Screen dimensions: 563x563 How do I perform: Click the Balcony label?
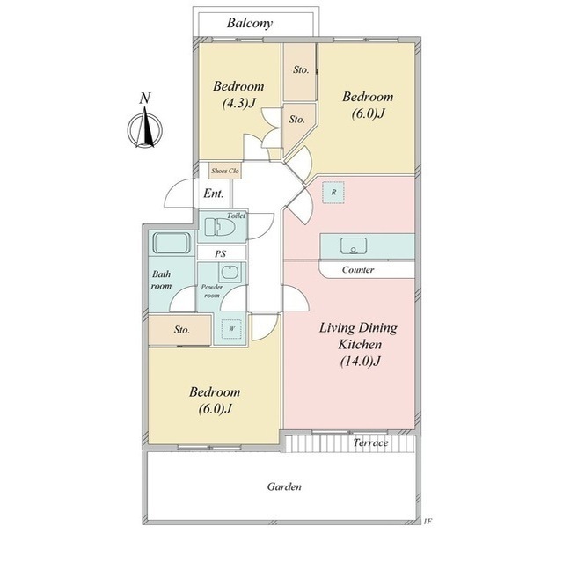click(250, 23)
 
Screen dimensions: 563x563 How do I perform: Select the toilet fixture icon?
click(220, 227)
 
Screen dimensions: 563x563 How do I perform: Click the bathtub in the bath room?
click(172, 243)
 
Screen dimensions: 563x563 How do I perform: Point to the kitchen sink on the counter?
click(354, 246)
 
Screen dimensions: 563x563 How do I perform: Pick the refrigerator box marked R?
click(333, 193)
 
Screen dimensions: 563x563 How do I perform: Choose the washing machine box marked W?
click(231, 328)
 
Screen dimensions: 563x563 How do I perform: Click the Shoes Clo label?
click(225, 171)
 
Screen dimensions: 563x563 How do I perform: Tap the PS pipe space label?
click(221, 254)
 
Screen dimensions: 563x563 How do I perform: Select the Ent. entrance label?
click(213, 194)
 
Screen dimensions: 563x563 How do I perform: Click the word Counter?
click(358, 270)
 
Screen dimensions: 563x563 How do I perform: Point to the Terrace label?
click(370, 442)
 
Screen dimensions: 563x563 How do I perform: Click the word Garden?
click(284, 486)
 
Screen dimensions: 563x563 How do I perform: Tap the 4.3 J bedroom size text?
click(238, 104)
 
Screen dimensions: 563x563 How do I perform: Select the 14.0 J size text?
click(360, 361)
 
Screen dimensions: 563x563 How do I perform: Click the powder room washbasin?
click(229, 272)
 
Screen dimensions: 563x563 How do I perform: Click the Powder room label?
click(212, 291)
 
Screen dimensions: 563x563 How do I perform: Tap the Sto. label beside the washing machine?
click(182, 330)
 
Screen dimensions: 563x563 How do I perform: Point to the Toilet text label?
click(237, 216)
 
